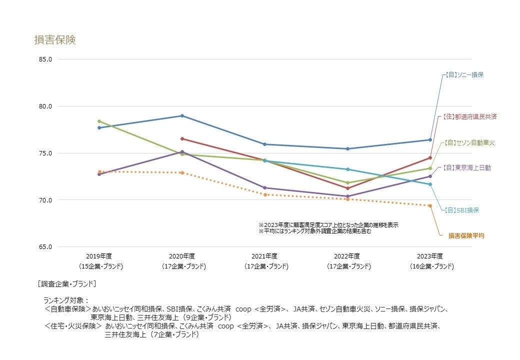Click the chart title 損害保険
coord(55,40)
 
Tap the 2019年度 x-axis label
coord(99,256)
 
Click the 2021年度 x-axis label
coord(264,256)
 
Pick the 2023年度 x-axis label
coord(430,256)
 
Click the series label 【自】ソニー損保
coord(464,75)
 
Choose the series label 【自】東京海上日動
coord(466,168)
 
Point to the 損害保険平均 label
coord(466,235)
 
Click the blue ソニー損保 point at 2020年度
coord(182,116)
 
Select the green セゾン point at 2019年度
coord(99,121)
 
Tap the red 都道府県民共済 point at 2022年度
coord(347,188)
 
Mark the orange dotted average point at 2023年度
coord(430,205)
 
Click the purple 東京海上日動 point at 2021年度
coord(264,188)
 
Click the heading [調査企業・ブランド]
coord(67,283)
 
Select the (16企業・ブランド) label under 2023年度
coord(430,266)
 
